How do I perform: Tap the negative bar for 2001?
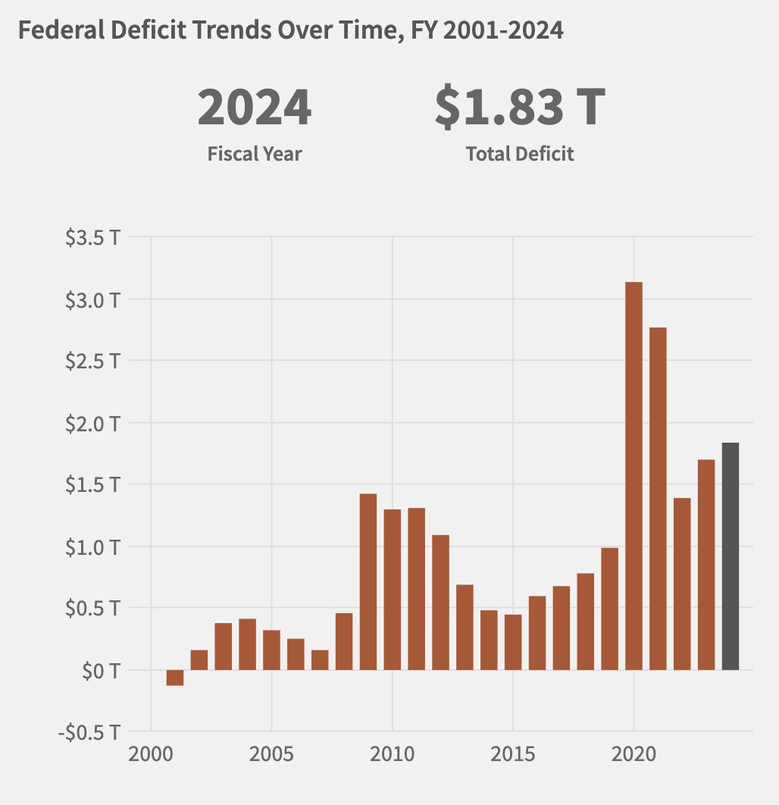(175, 678)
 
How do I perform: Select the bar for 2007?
(320, 659)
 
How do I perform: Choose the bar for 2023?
(706, 564)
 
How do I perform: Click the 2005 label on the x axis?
(271, 756)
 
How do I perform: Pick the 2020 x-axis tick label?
(634, 756)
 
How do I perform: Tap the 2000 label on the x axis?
(151, 756)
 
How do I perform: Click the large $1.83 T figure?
(520, 108)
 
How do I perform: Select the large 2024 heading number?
(255, 108)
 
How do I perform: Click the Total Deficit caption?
(520, 154)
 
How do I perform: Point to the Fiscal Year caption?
(255, 154)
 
